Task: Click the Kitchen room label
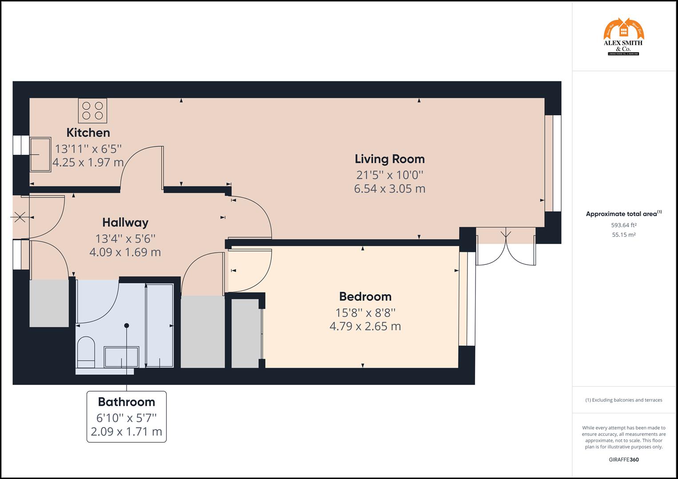click(x=88, y=133)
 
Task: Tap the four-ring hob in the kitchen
click(x=92, y=110)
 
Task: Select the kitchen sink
click(x=40, y=154)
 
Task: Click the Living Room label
click(x=389, y=159)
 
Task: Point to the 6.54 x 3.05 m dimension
click(x=389, y=188)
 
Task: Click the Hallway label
click(x=125, y=222)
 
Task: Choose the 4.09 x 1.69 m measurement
click(x=125, y=252)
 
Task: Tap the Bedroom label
click(x=365, y=296)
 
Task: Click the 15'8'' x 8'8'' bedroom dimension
click(x=365, y=312)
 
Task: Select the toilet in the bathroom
click(x=86, y=352)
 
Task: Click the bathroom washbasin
click(x=121, y=357)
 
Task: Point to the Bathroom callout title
click(x=127, y=402)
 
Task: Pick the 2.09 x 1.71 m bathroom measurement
click(x=127, y=431)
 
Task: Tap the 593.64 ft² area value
click(x=623, y=225)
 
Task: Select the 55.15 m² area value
click(x=623, y=235)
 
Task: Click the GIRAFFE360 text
click(x=623, y=459)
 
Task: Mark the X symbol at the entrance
click(x=20, y=217)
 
